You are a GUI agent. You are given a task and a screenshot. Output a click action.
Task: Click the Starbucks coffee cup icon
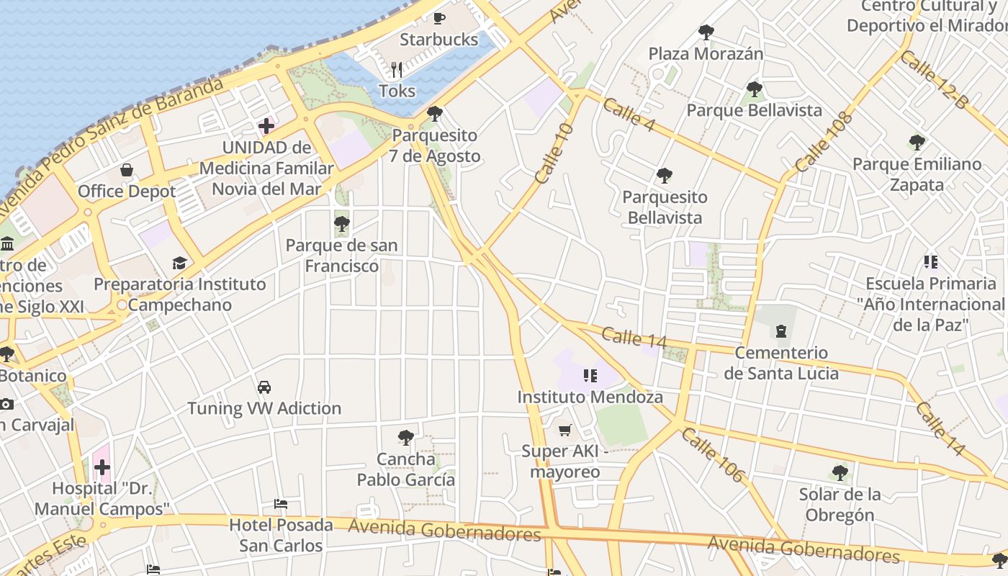coord(439,18)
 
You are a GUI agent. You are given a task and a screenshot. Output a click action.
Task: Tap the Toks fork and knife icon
coord(397,70)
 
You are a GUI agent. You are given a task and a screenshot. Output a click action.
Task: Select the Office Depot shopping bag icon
coord(127,171)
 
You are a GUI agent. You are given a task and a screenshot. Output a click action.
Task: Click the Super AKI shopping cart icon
coord(565,431)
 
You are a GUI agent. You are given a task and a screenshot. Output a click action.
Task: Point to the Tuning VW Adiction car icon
coord(264,387)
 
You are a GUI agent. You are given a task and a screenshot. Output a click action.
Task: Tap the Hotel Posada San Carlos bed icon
coord(281,504)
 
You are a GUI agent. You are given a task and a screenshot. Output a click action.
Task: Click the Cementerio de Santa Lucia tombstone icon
coord(780,332)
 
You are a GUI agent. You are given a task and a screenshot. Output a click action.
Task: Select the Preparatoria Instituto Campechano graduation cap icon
coord(179,264)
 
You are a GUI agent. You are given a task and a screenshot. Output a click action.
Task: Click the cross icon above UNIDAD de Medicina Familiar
coord(266,126)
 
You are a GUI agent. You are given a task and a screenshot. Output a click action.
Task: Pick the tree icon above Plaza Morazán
coord(706,32)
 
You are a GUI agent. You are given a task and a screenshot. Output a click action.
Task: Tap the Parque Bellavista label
coord(754,110)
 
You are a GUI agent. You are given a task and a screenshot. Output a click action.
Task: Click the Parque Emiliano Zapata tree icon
coord(917,143)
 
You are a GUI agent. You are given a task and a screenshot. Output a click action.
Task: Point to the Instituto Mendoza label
coord(590,397)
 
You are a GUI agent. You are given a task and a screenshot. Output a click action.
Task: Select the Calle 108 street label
coord(824,142)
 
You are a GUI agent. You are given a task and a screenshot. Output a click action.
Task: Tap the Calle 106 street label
coord(712,454)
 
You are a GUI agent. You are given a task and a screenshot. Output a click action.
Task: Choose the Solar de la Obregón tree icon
coord(840,473)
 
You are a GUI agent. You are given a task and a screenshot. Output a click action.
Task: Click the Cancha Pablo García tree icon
coord(406,438)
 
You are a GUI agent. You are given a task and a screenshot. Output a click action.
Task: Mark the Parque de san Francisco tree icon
coord(342,224)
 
